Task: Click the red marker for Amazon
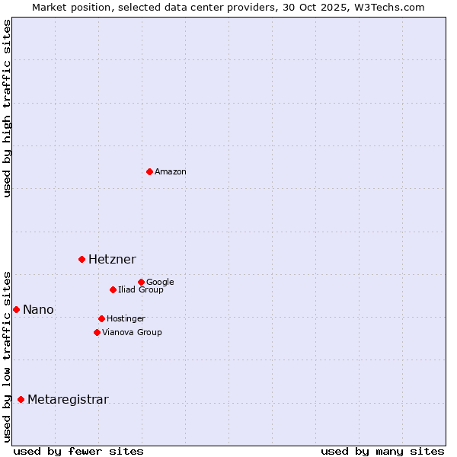click(149, 171)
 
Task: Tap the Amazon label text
click(171, 172)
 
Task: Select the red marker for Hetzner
click(81, 259)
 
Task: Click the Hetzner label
click(112, 260)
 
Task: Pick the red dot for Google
click(141, 282)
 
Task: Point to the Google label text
click(160, 283)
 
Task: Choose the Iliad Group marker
click(113, 289)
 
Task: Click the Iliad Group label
click(141, 290)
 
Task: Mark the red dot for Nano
click(16, 309)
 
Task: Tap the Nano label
click(38, 310)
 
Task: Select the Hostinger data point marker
click(101, 318)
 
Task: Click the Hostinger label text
click(126, 319)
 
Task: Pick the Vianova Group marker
click(97, 332)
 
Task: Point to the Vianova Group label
click(132, 333)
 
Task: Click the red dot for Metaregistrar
click(21, 399)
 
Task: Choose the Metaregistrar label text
click(68, 400)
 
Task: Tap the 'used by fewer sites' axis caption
click(78, 451)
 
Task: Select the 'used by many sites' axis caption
click(382, 451)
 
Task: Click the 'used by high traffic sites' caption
click(7, 108)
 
